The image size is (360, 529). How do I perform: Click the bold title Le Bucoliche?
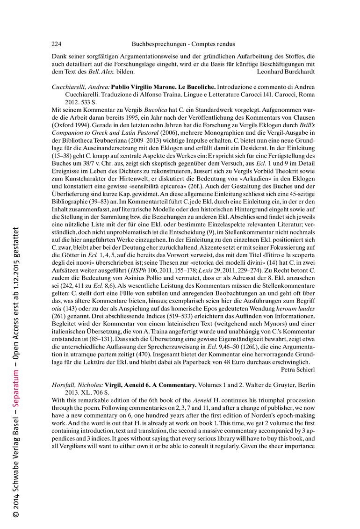tap(192, 87)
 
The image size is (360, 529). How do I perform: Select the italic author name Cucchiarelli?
tap(69, 87)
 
